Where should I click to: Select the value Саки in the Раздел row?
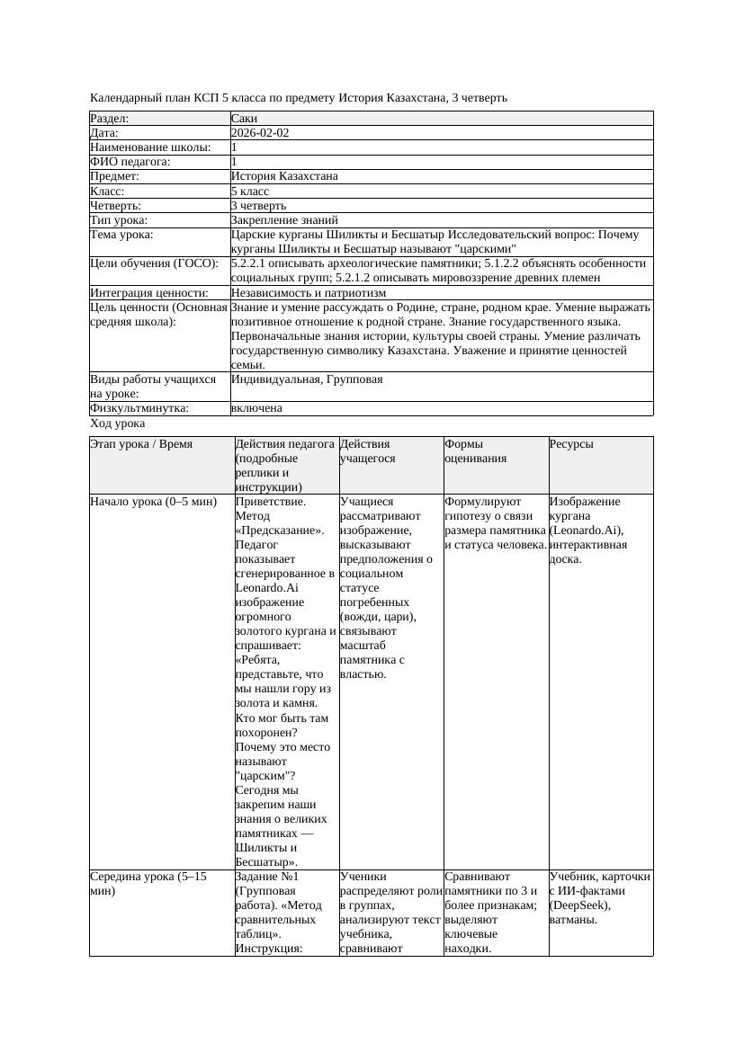click(x=244, y=119)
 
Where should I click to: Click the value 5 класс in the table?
click(x=252, y=192)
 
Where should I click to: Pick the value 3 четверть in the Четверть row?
click(x=258, y=206)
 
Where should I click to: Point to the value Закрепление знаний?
click(x=284, y=220)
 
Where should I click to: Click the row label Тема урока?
click(x=121, y=235)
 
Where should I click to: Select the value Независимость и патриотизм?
click(x=309, y=293)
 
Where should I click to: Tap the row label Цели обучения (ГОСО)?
click(x=154, y=263)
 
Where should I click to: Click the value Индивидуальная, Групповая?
click(x=307, y=379)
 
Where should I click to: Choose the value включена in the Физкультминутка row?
click(x=256, y=408)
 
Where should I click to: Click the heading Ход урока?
click(x=118, y=423)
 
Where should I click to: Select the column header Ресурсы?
click(x=571, y=444)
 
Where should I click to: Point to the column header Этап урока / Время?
click(x=141, y=444)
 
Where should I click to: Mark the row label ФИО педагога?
click(x=130, y=162)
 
